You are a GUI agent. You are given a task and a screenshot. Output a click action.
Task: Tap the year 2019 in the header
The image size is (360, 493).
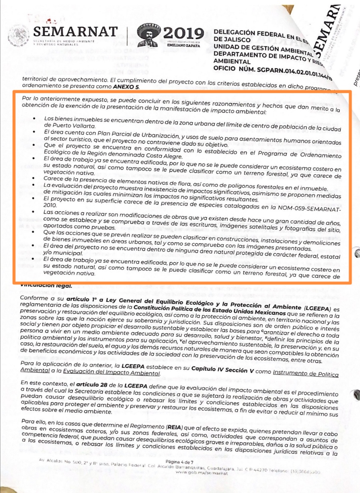(x=183, y=34)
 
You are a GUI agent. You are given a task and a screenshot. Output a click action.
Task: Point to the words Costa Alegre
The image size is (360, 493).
(x=163, y=156)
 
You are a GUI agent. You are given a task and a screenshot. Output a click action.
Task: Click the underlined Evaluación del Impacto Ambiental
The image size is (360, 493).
(x=111, y=372)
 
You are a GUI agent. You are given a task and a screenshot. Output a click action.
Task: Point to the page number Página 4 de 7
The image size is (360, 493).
(x=179, y=462)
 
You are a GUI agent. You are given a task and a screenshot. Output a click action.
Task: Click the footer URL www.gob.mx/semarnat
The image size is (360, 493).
(x=202, y=473)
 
